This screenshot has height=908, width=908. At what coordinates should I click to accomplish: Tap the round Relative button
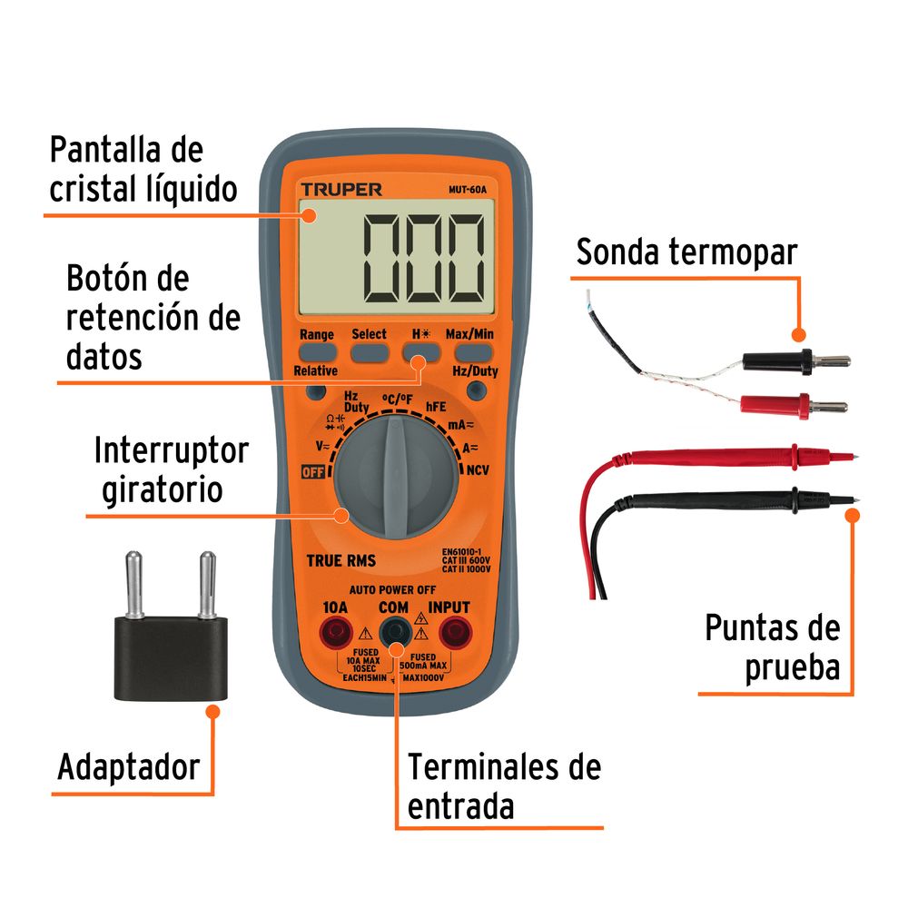(316, 392)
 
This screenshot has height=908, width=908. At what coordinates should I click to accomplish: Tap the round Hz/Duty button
(474, 391)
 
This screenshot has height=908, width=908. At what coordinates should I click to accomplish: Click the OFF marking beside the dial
(314, 471)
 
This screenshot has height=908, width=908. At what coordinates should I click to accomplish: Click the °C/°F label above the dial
(396, 400)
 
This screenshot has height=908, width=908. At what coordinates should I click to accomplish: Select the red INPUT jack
(453, 629)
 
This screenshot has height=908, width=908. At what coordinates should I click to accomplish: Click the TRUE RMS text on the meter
(340, 561)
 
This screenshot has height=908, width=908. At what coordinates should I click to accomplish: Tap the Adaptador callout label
(128, 767)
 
